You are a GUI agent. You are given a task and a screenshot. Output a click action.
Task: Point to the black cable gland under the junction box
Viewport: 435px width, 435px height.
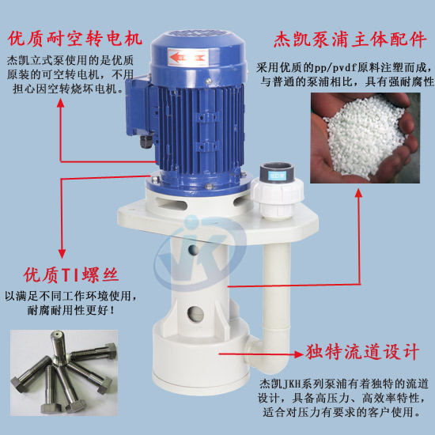pos(144,143)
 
